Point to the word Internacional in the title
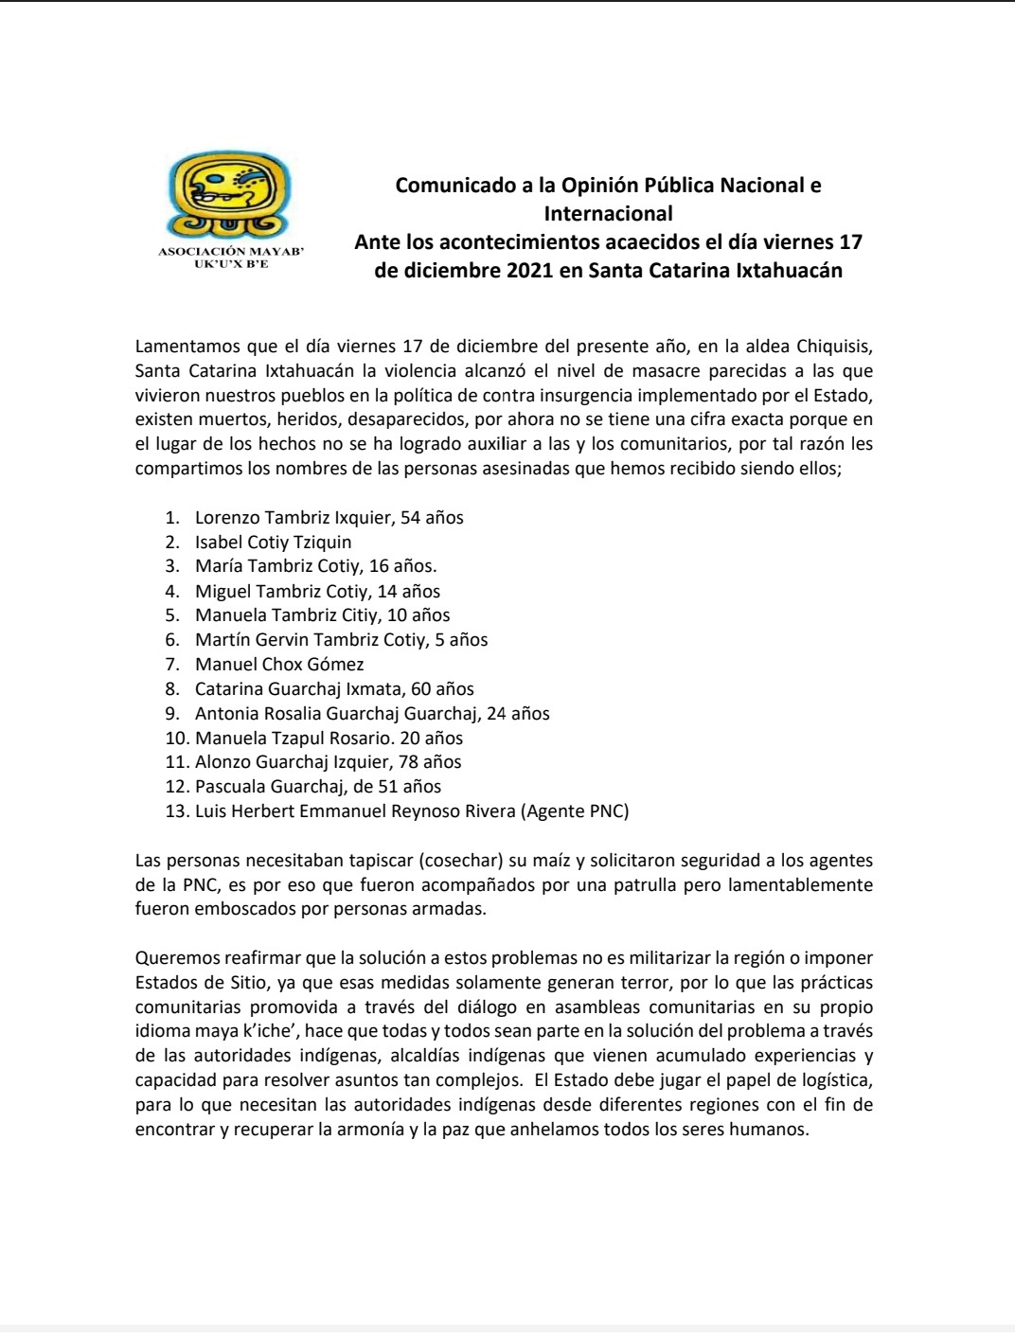coord(608,213)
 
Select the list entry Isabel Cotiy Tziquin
coord(274,542)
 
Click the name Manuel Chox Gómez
coord(279,664)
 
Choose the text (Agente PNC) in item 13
coord(580,811)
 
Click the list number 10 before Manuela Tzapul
coord(175,738)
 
